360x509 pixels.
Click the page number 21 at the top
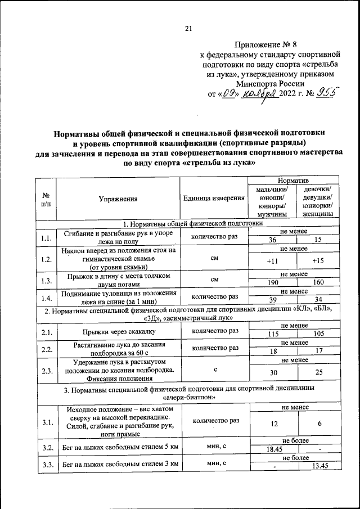pyautogui.click(x=188, y=29)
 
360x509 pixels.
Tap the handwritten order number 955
pyautogui.click(x=327, y=94)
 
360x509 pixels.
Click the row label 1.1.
pyautogui.click(x=46, y=237)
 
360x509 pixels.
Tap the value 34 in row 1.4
pyautogui.click(x=318, y=299)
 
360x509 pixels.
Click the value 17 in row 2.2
pyautogui.click(x=318, y=351)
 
